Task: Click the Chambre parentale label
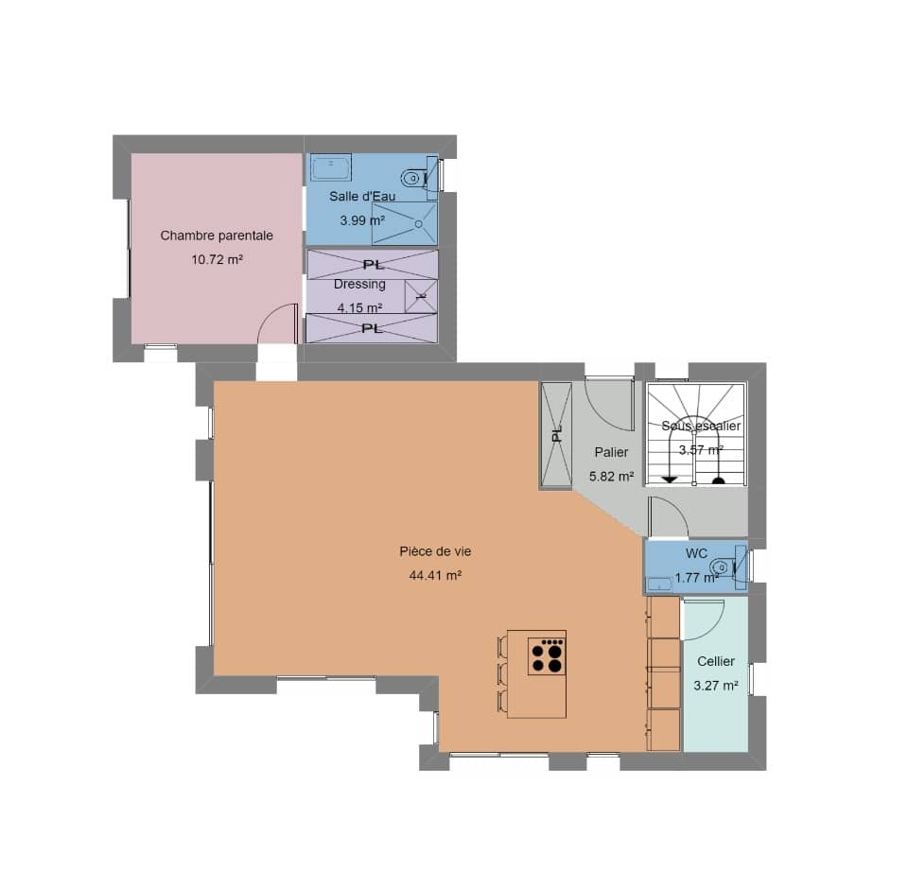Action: coord(217,235)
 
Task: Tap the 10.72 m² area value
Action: coord(217,258)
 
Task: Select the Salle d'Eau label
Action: coord(361,197)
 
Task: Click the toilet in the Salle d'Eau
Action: coord(413,177)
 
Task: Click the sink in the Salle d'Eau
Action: coord(331,166)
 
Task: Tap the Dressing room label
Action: coord(359,285)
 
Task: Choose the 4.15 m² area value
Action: coord(359,308)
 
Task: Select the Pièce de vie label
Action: coord(434,551)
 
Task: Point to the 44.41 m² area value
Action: coord(434,575)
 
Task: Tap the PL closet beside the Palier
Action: coord(556,434)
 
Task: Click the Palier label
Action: coord(611,453)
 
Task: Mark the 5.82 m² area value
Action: coord(611,478)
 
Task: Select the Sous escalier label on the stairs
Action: coord(701,427)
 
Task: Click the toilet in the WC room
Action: coord(724,567)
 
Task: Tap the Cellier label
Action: coord(715,662)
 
